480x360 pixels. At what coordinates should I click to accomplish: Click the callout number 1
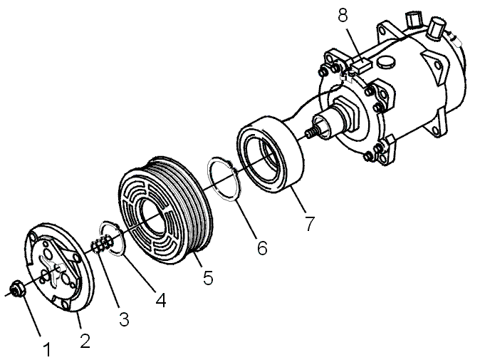pyautogui.click(x=47, y=349)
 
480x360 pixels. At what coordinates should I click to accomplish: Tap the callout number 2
pyautogui.click(x=85, y=340)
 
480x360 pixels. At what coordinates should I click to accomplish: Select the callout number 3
pyautogui.click(x=124, y=319)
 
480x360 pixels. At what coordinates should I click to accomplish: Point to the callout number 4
pyautogui.click(x=161, y=300)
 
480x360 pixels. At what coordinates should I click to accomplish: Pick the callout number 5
pyautogui.click(x=208, y=277)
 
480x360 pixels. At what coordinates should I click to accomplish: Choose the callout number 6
pyautogui.click(x=262, y=247)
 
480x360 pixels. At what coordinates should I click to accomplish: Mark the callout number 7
pyautogui.click(x=309, y=224)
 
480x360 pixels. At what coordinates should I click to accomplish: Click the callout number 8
pyautogui.click(x=343, y=15)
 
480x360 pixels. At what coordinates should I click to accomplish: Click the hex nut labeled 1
pyautogui.click(x=16, y=288)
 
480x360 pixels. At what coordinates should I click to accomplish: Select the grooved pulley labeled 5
pyautogui.click(x=165, y=212)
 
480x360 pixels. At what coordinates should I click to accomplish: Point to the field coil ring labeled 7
pyautogui.click(x=270, y=154)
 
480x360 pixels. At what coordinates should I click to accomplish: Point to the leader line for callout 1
pyautogui.click(x=31, y=315)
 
